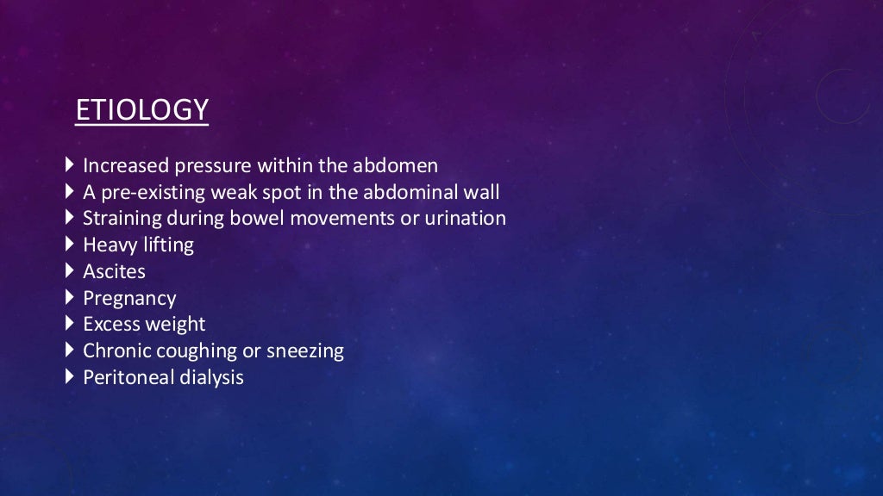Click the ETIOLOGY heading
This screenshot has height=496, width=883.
tap(141, 110)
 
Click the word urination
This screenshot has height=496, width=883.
tap(465, 219)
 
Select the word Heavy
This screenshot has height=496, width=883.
tap(108, 245)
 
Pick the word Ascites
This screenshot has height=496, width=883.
tap(114, 272)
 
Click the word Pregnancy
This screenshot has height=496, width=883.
tap(129, 299)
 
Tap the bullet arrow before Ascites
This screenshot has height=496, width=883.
tap(70, 270)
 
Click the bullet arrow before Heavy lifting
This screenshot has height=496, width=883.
tap(70, 244)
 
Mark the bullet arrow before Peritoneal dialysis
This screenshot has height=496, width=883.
tap(70, 376)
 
